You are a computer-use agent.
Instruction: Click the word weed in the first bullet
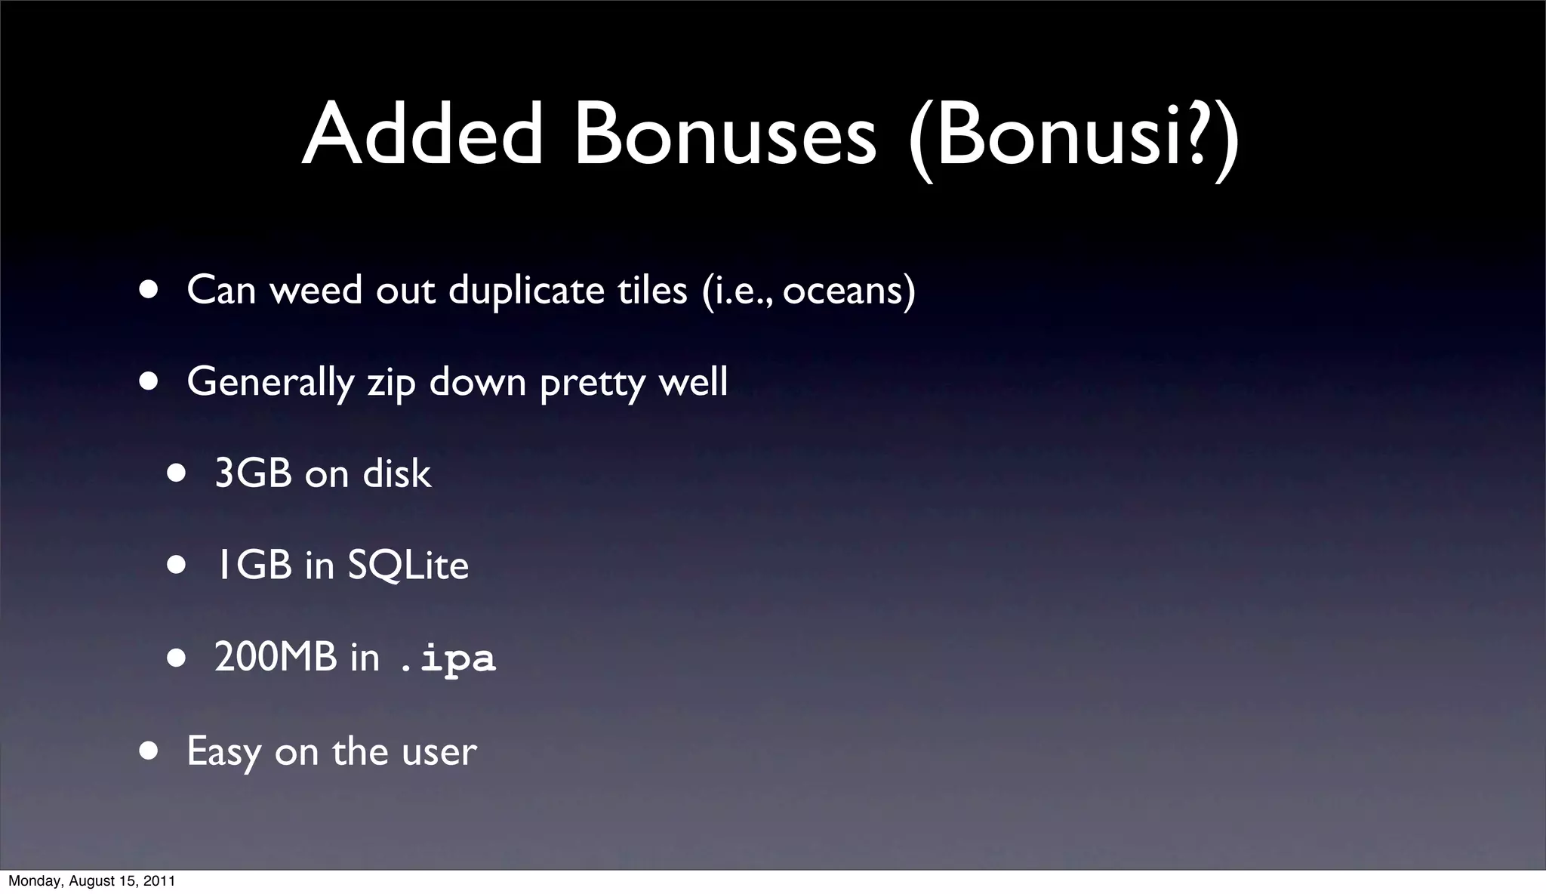click(316, 290)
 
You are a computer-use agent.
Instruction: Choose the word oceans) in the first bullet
click(848, 290)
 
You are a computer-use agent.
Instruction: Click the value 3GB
click(253, 474)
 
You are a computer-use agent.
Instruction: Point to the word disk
click(396, 474)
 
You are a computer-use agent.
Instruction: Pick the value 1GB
click(253, 566)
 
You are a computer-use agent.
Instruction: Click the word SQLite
click(408, 566)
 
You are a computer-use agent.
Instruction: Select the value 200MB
click(276, 657)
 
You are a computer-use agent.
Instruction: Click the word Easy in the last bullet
click(223, 752)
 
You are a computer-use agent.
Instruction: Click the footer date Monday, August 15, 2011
click(91, 881)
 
